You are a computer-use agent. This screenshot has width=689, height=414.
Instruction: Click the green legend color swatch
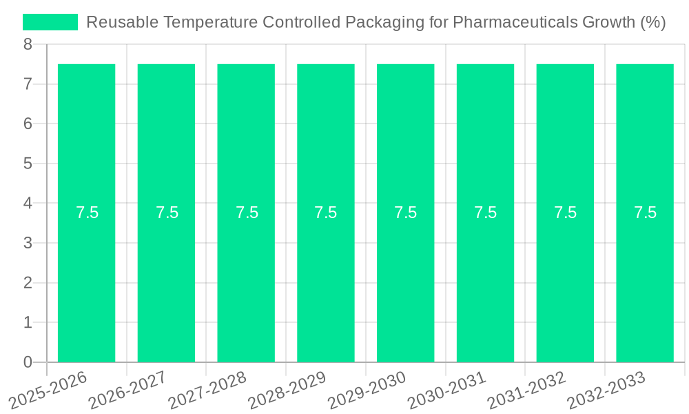[50, 22]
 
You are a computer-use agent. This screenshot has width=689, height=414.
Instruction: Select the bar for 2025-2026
[86, 276]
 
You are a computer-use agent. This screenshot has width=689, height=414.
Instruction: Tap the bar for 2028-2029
[326, 276]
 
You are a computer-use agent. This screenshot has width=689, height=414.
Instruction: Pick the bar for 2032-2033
[645, 276]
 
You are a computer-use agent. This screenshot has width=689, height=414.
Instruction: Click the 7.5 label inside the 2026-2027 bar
[167, 213]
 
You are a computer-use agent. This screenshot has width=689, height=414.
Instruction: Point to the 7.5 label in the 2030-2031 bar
[485, 213]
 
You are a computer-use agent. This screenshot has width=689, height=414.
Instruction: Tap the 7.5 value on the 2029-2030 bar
[405, 213]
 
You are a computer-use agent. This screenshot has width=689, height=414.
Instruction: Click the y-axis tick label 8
[28, 45]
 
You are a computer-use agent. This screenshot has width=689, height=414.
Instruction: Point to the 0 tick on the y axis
[28, 362]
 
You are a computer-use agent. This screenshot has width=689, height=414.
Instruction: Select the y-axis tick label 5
[28, 164]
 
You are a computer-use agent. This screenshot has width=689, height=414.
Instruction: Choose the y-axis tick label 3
[28, 244]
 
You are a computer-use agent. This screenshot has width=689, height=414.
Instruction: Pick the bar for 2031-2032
[565, 276]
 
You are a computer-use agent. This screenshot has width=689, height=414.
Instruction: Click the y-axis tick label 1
[28, 323]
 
